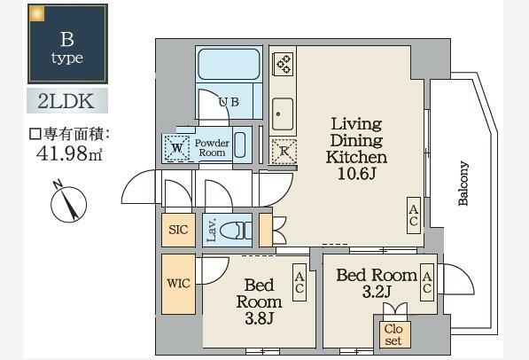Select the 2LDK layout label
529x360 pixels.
[67, 99]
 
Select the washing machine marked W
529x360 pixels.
[177, 148]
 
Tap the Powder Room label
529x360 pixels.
[213, 148]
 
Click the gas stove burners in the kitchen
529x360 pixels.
[284, 64]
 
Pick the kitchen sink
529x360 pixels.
[284, 113]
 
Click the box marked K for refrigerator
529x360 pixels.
[284, 150]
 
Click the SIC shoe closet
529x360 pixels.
[178, 230]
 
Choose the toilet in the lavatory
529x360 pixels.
[233, 231]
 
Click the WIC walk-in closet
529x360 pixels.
[177, 285]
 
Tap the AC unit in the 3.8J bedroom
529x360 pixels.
[300, 284]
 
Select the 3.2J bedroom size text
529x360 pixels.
[377, 292]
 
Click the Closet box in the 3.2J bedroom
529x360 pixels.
[393, 333]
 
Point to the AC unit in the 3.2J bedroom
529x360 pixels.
[427, 283]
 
